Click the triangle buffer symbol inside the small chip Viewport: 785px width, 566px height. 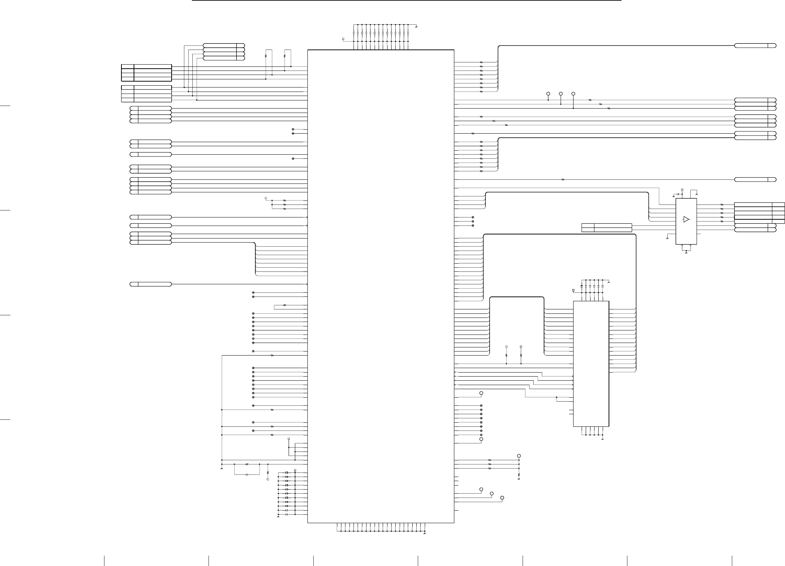tap(686, 219)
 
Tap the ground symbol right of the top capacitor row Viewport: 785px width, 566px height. tap(416, 27)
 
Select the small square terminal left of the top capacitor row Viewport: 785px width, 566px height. tap(343, 39)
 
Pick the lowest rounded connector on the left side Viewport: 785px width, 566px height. tap(151, 284)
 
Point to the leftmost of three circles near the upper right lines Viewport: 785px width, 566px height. tap(548, 93)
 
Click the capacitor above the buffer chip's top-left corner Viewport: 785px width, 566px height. tap(678, 194)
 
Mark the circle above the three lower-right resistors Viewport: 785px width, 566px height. tap(519, 456)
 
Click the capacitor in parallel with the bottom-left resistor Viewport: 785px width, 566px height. tap(247, 474)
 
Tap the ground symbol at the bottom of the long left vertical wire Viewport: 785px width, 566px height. tap(221, 469)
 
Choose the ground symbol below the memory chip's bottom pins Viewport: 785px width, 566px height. tap(603, 440)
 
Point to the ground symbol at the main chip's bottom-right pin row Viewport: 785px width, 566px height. tap(425, 534)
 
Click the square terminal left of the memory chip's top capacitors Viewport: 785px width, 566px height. tap(573, 290)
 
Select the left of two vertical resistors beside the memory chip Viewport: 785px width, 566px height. tap(506, 355)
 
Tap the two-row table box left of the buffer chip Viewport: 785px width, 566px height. tap(607, 228)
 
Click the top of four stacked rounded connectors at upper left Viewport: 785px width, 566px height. tap(224, 45)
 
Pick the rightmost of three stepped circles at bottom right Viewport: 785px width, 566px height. tap(502, 498)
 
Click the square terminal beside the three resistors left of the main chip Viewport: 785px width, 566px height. tap(266, 198)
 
